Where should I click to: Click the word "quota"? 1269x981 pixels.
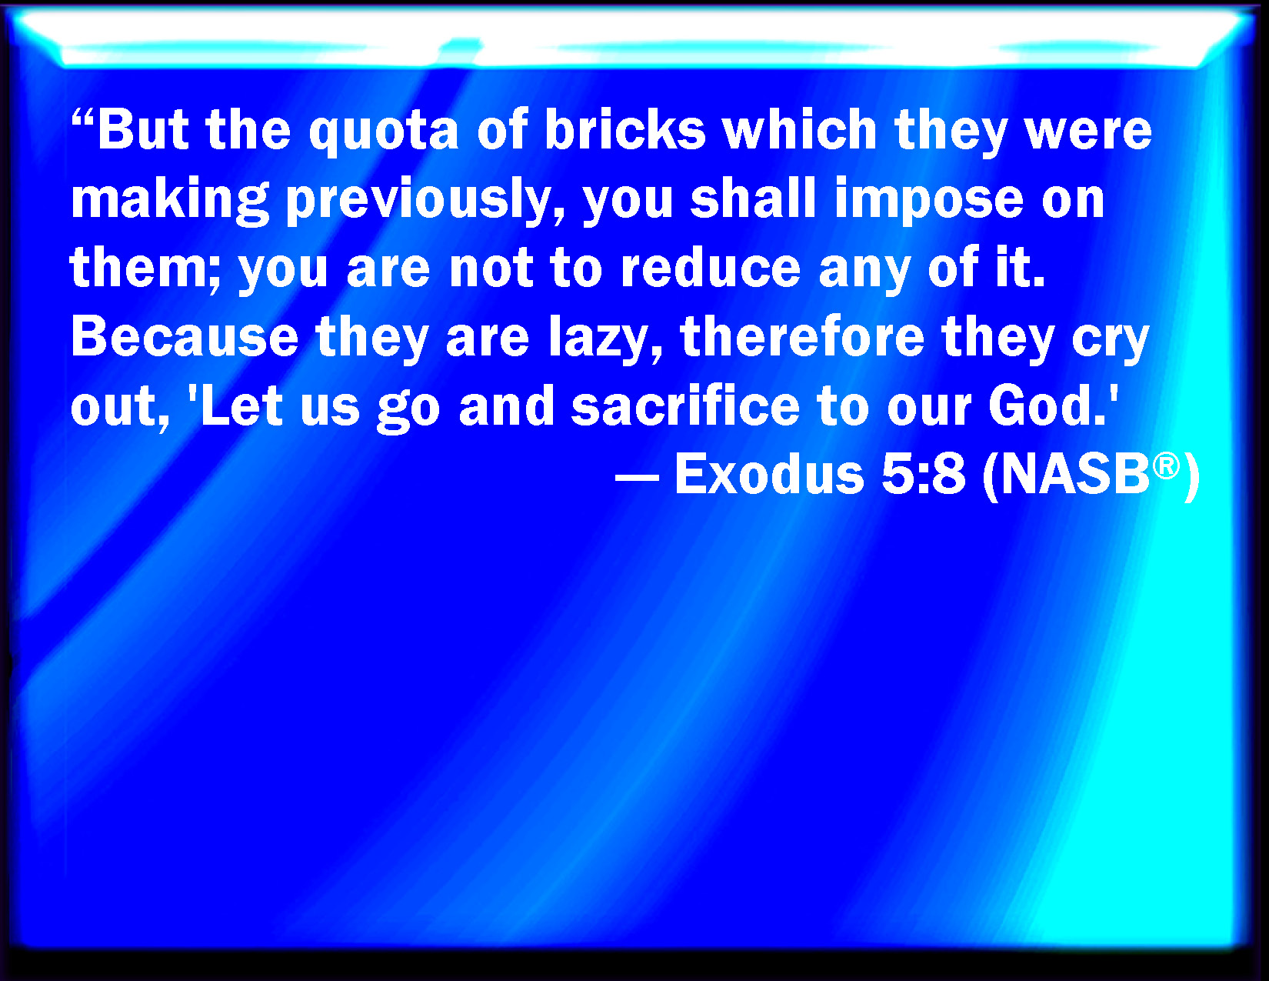[x=383, y=132]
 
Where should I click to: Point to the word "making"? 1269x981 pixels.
[x=170, y=201]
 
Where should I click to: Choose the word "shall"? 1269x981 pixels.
[x=753, y=198]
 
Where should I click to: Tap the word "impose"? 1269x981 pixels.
[x=928, y=201]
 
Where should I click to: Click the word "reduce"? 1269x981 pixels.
[x=710, y=267]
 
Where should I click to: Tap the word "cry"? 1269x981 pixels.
[x=1111, y=342]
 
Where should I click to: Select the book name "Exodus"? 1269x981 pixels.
[x=770, y=474]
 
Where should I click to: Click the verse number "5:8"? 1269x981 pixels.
[x=923, y=474]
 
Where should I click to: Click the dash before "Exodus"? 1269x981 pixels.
[x=637, y=477]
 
